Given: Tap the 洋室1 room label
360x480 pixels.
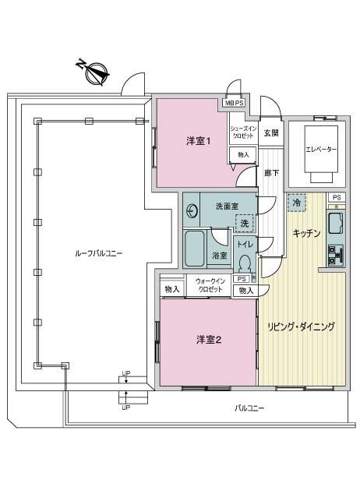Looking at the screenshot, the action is point(199,141).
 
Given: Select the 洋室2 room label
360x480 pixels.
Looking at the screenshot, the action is point(209,340).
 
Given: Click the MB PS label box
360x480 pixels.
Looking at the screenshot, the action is point(235,103).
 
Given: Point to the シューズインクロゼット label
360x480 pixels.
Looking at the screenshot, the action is point(243,132).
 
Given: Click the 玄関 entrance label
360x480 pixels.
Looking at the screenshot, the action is point(271,133).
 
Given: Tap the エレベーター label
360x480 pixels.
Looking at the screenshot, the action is point(321,150).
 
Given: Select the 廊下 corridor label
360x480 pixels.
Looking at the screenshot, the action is point(271,173).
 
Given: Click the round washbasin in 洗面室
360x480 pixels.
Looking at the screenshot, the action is point(192,210).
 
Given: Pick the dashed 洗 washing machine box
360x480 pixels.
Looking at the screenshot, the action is point(245,224).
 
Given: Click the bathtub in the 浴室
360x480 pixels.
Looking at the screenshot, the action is point(195,249).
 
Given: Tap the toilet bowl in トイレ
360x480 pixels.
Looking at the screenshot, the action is point(244,263).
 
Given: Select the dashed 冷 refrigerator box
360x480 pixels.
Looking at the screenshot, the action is point(297,203).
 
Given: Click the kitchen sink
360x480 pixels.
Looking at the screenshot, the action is point(336,224).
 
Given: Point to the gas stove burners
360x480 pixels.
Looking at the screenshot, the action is point(336,255).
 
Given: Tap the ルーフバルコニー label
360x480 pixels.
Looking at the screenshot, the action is point(99,253).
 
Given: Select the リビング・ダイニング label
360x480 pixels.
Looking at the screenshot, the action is point(302,326).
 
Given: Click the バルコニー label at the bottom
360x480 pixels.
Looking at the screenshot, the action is point(249,408).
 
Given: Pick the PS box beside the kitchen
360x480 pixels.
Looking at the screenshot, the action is point(337,197).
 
